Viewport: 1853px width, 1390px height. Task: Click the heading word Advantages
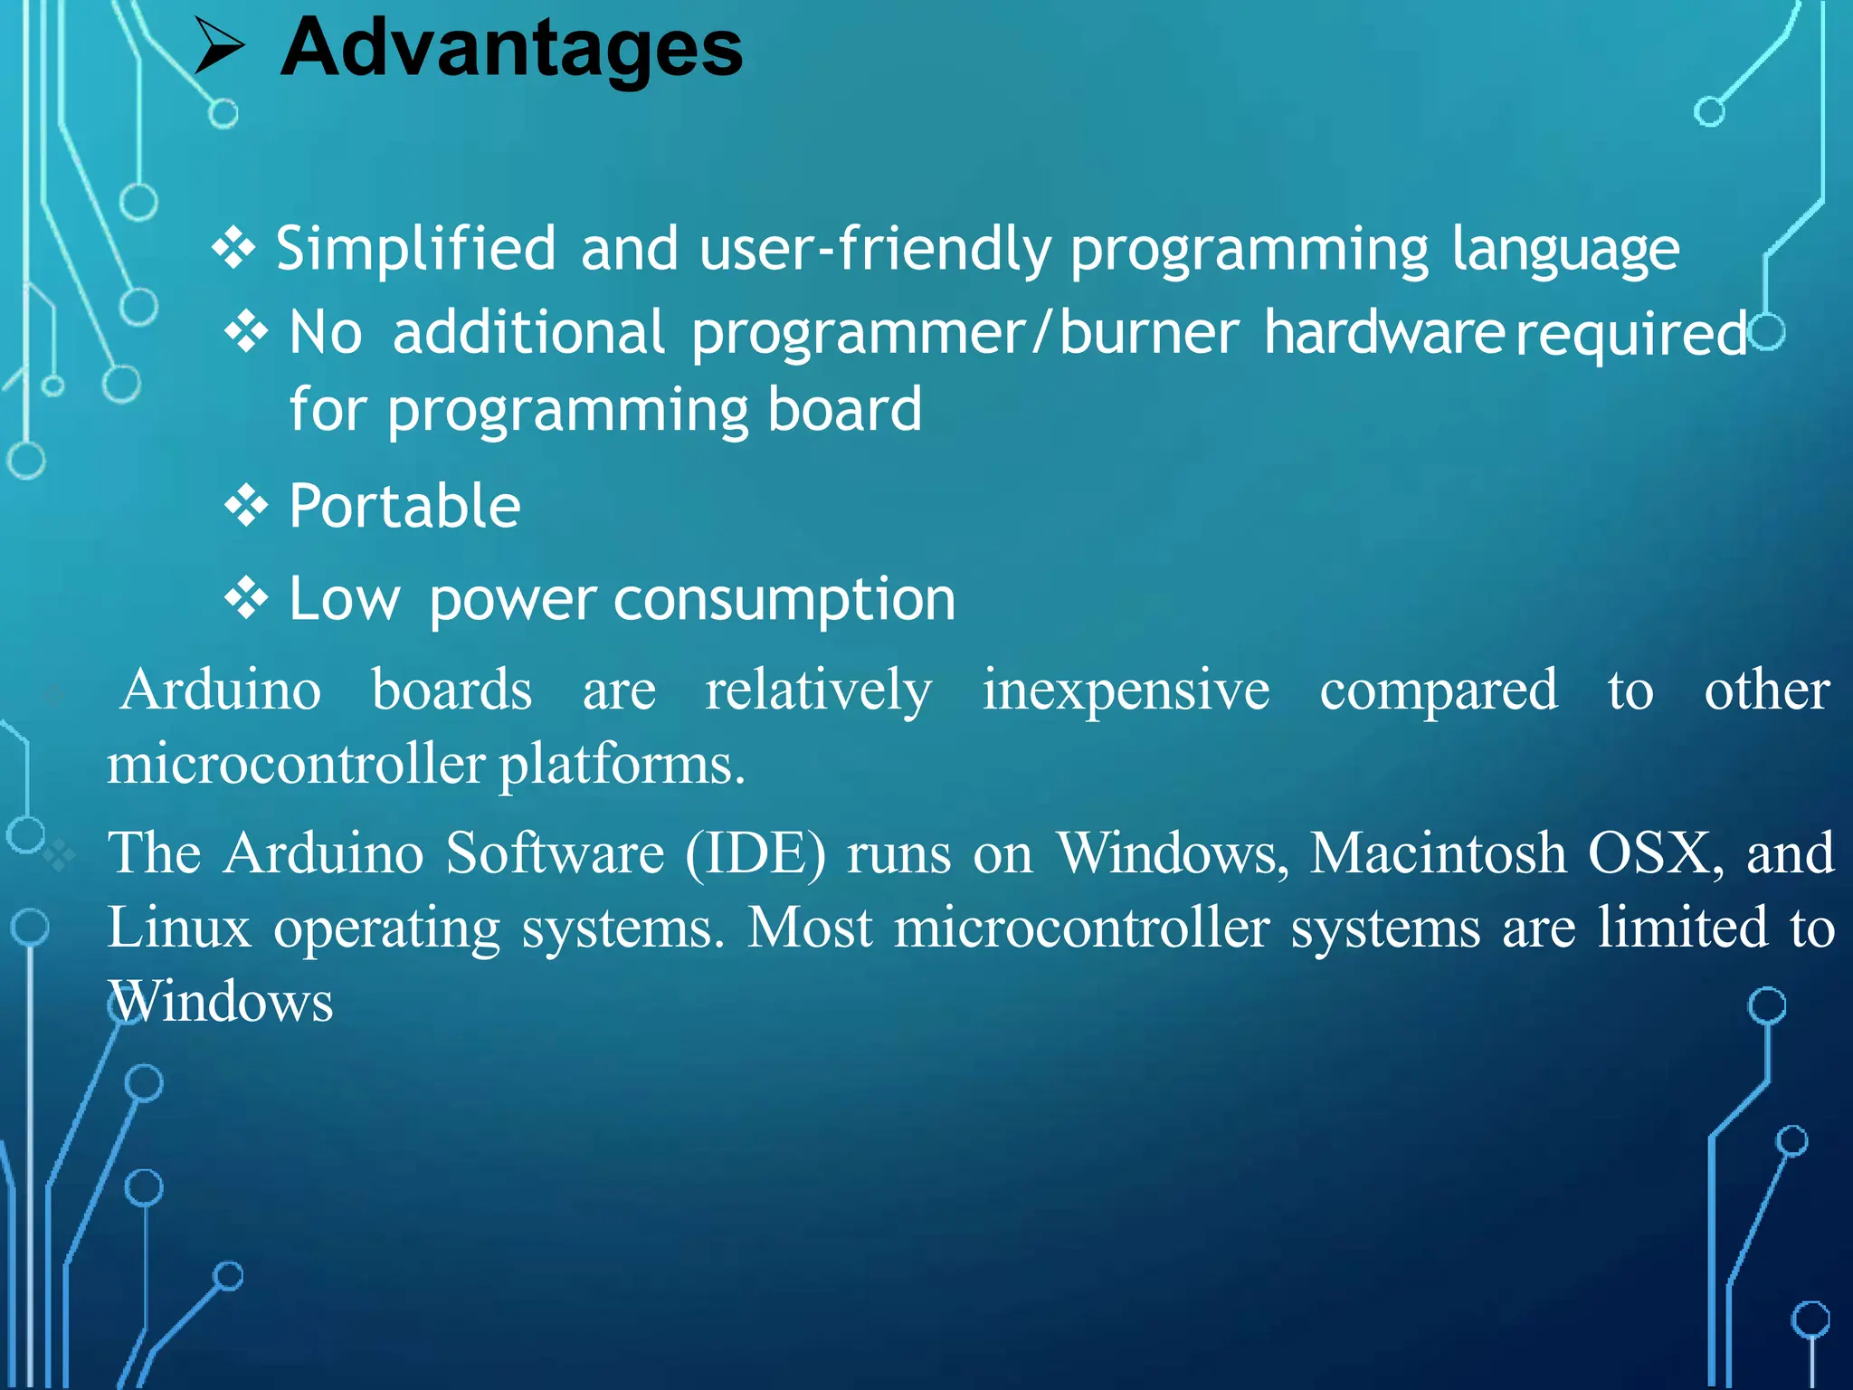[511, 49]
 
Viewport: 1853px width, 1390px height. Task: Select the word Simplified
[415, 249]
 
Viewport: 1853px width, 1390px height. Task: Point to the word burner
[1148, 333]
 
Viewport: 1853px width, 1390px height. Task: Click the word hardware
[1384, 333]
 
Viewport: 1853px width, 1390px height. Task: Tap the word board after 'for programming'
[844, 410]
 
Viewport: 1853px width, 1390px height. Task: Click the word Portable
[404, 506]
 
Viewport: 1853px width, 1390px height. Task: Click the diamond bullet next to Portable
[246, 506]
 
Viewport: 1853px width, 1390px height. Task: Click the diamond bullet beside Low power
[246, 599]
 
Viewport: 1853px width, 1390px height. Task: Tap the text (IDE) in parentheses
[755, 854]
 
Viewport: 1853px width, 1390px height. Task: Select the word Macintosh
[1438, 853]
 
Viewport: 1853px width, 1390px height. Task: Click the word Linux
[179, 928]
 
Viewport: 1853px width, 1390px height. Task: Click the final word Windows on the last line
[222, 1003]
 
